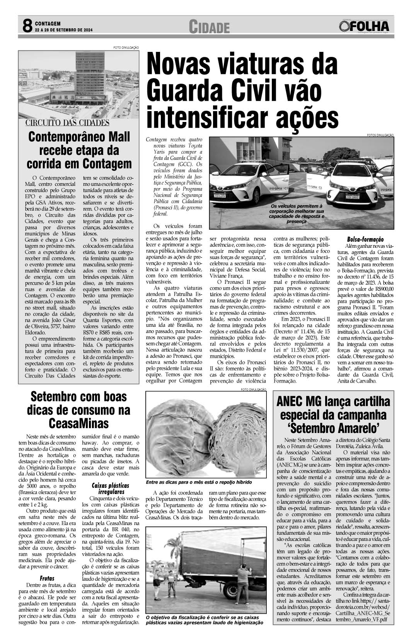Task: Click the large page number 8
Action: tap(26, 27)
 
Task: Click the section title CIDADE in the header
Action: tap(209, 27)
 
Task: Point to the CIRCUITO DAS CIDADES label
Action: tap(67, 123)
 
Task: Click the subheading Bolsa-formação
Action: tap(365, 239)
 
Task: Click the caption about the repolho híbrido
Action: tap(199, 482)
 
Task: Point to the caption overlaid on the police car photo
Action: tap(296, 214)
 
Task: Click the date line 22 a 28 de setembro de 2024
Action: tap(64, 30)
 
